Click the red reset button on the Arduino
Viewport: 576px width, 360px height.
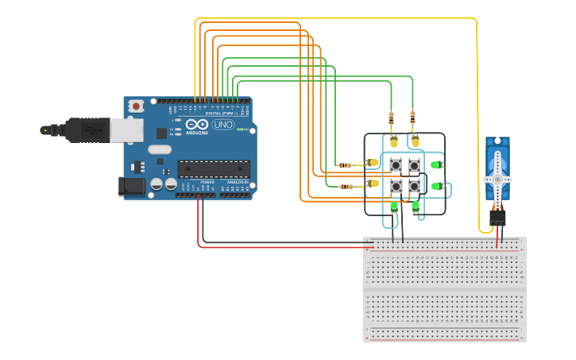click(137, 106)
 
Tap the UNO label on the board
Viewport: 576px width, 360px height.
click(222, 125)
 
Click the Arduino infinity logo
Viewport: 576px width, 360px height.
click(196, 125)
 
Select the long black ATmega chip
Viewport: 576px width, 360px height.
click(213, 168)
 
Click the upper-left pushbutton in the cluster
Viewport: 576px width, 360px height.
click(396, 165)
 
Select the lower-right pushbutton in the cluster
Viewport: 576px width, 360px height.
click(414, 186)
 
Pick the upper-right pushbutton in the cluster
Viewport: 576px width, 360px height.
click(414, 165)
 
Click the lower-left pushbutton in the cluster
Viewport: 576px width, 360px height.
click(396, 186)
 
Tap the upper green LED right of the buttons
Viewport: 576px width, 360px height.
click(435, 165)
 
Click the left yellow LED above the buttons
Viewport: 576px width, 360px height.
click(394, 142)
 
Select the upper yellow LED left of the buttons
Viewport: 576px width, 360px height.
click(373, 163)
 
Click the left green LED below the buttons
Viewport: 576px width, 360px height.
click(394, 207)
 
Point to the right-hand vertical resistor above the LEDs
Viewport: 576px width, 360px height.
click(412, 120)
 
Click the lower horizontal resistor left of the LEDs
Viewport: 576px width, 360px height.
click(346, 187)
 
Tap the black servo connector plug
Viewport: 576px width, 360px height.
click(498, 215)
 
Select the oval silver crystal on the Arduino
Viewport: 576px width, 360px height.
click(159, 149)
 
